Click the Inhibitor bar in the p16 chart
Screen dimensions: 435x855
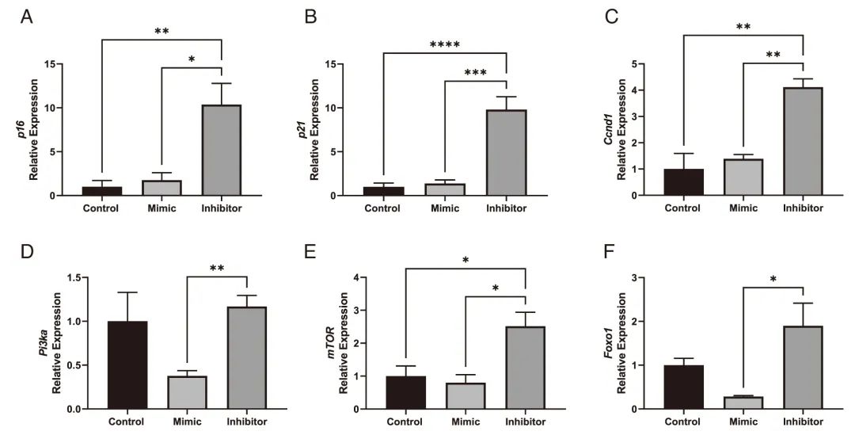click(221, 151)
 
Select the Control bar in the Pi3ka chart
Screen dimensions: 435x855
click(127, 365)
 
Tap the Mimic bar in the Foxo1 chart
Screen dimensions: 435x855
click(743, 403)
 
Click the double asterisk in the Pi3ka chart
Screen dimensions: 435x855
click(218, 269)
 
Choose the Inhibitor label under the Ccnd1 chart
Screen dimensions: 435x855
click(803, 209)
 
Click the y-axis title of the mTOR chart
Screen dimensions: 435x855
click(338, 343)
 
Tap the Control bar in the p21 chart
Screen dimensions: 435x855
click(383, 191)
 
